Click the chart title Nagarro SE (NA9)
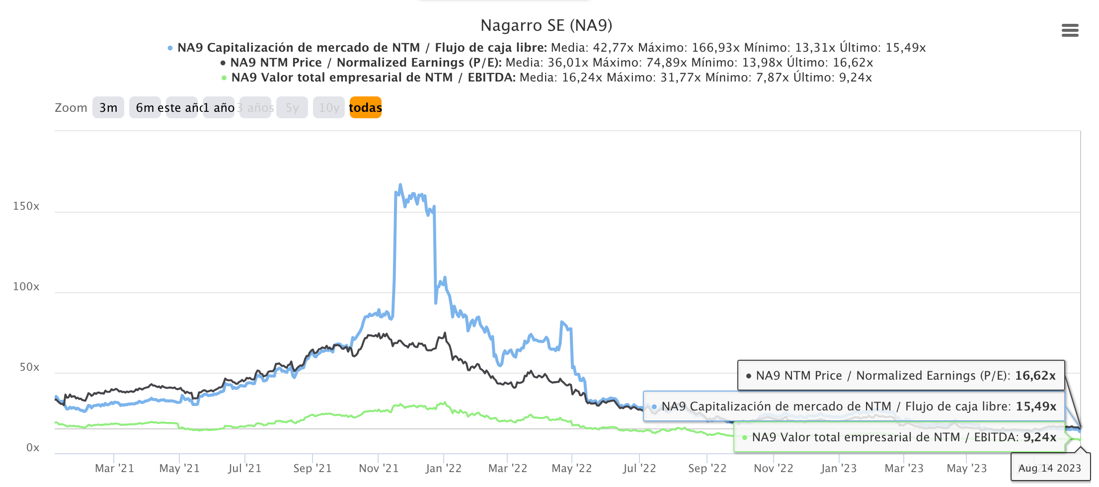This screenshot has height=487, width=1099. tap(546, 25)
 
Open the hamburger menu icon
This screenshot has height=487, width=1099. tap(1070, 31)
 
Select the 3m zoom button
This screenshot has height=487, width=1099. tap(108, 108)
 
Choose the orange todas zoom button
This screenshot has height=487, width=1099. tap(365, 108)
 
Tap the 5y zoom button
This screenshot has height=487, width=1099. tap(292, 108)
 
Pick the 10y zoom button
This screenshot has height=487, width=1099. tap(329, 108)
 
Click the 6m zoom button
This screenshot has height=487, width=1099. tap(145, 108)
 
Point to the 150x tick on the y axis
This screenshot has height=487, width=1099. tap(26, 206)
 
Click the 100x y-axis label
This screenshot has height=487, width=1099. tap(26, 287)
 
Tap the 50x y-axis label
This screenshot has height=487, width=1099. tap(29, 367)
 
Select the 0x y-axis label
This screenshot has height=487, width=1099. tap(33, 448)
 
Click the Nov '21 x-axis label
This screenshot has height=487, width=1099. tap(379, 469)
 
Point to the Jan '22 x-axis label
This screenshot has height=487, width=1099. tap(443, 469)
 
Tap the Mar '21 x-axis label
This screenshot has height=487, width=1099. tap(114, 469)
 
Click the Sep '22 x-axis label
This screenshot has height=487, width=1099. tap(707, 469)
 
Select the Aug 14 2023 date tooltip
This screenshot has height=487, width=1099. tap(1049, 468)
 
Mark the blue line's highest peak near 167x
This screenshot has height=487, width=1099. tap(400, 185)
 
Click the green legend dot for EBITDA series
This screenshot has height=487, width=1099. tap(224, 78)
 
